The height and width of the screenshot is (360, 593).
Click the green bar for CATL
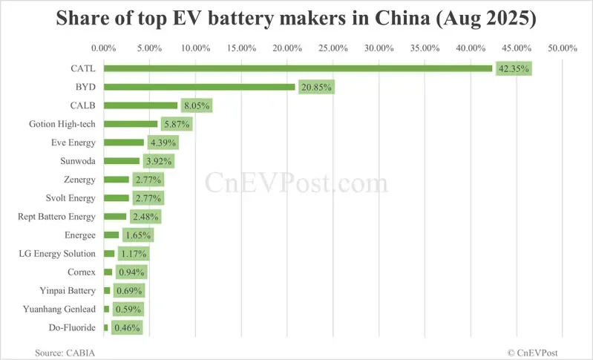tap(298, 68)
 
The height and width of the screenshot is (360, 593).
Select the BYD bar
tap(200, 87)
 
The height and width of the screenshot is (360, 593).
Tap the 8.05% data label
tap(195, 105)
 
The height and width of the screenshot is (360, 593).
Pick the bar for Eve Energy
tap(124, 143)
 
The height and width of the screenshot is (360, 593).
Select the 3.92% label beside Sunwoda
tap(158, 161)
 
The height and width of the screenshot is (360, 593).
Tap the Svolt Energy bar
tap(117, 198)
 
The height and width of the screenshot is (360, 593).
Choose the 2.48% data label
tap(145, 217)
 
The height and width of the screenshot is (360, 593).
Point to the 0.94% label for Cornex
tap(131, 272)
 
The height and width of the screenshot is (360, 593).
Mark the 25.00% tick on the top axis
tap(333, 48)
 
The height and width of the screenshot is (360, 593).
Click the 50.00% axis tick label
tap(562, 48)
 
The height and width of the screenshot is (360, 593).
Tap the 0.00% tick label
tap(104, 48)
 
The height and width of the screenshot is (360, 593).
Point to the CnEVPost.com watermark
tap(296, 181)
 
